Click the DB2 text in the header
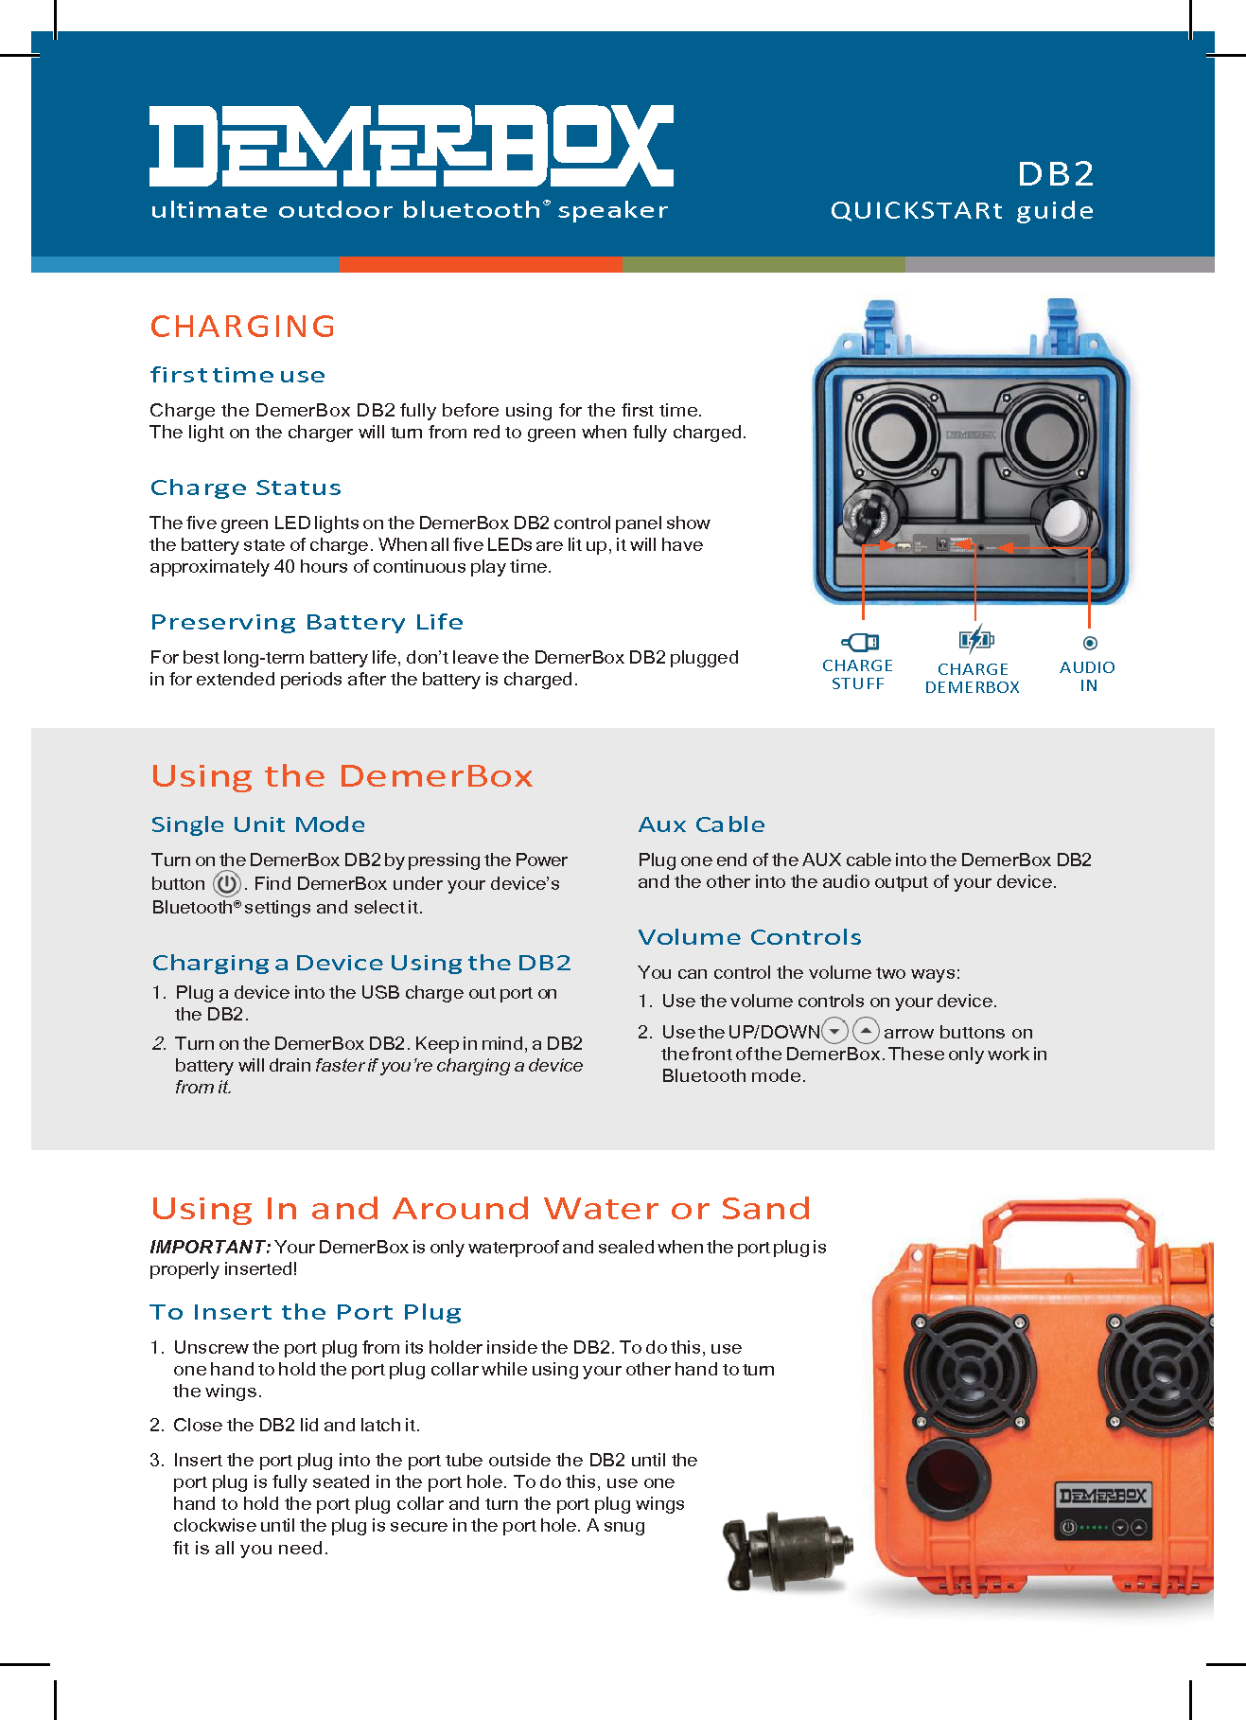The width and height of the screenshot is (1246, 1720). tap(1055, 174)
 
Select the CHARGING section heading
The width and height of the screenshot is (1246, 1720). tap(243, 327)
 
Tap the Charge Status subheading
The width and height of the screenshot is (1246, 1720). tap(246, 488)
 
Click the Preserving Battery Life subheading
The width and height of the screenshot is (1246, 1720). tap(307, 622)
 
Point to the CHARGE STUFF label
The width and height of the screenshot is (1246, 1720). tap(857, 675)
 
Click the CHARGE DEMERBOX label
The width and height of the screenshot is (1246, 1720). tap(972, 678)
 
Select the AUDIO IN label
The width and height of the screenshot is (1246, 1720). tap(1087, 676)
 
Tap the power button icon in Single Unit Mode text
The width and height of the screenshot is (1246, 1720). tap(226, 884)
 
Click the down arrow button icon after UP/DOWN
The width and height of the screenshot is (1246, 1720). tap(834, 1030)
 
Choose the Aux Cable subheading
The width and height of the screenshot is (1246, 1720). tap(701, 825)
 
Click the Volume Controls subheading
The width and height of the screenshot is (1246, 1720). tap(749, 937)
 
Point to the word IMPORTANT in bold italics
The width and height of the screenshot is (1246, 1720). tap(210, 1247)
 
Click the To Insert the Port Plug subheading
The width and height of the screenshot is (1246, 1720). tap(306, 1312)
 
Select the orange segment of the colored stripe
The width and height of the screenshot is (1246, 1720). tap(481, 264)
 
